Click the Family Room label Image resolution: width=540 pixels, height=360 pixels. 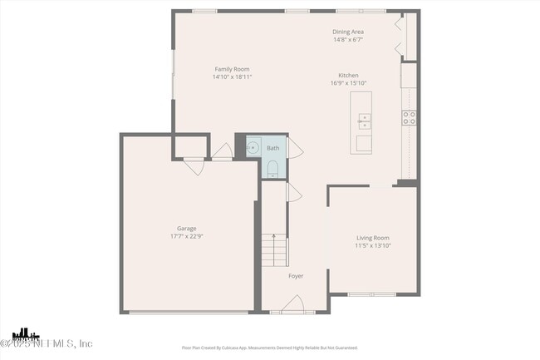coord(232,69)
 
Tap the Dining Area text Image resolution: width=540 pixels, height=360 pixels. coord(348,32)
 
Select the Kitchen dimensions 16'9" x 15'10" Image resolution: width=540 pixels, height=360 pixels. coord(348,82)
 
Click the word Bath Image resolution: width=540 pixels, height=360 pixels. coord(272,149)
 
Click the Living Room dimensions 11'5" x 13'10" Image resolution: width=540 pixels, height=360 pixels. coord(373,245)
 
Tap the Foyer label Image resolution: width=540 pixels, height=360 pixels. coord(296,276)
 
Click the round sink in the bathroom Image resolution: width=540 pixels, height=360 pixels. coord(253,149)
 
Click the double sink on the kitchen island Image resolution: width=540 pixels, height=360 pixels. coord(364,121)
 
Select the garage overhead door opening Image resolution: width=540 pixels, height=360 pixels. coord(189,313)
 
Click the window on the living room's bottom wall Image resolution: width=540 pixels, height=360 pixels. coord(371,294)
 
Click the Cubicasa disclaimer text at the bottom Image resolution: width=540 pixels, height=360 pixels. coord(269,348)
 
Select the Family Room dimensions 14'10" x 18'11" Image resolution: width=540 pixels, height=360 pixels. coord(232,76)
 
